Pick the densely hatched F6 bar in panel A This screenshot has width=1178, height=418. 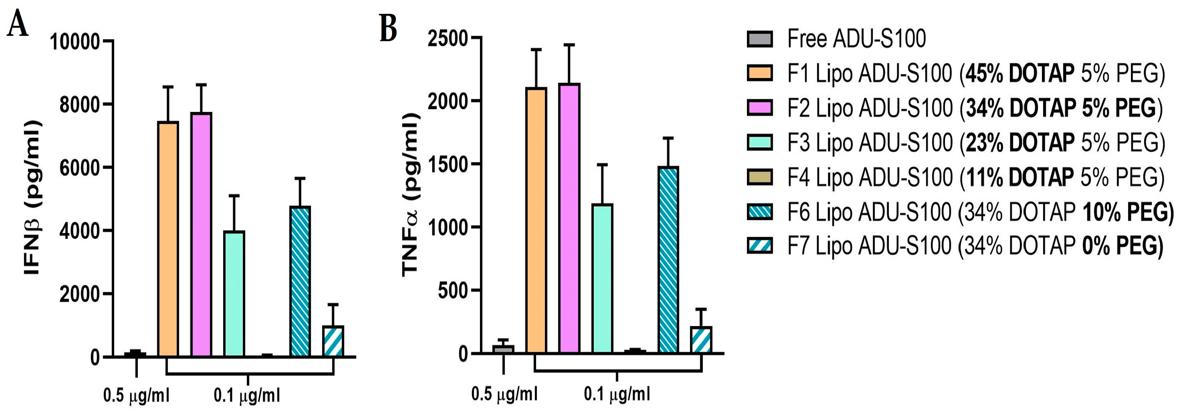point(300,281)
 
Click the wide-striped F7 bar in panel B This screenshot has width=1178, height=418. point(701,340)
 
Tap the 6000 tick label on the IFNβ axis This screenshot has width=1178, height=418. point(79,168)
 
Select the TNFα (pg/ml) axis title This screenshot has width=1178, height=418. point(410,195)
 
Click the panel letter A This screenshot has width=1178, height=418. point(18,25)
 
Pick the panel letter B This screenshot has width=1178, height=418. point(388,28)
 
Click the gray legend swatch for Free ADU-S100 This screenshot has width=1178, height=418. point(760,39)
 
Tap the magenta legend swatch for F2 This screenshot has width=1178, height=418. point(760,108)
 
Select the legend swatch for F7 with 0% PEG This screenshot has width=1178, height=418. point(760,245)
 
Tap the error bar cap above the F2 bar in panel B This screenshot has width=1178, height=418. point(569,45)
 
